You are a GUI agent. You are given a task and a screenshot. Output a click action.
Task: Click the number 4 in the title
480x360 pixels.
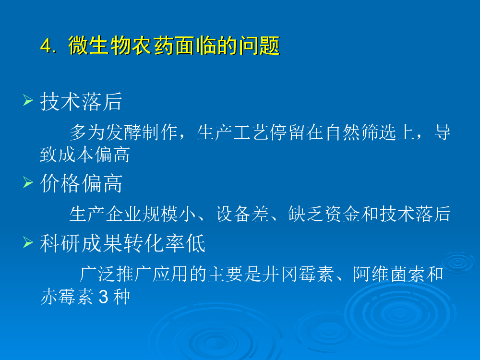46,46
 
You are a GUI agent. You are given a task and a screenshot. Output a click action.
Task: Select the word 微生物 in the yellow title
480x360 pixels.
100,46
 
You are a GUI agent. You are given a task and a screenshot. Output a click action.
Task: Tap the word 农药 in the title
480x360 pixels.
153,46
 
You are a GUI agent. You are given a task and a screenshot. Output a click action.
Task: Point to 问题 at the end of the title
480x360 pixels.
259,46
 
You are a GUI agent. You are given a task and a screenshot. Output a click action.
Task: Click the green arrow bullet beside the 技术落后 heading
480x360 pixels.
28,100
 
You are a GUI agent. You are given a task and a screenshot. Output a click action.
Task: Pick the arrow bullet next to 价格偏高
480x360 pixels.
28,182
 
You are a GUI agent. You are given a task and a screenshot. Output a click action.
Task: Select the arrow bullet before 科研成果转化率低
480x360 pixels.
28,242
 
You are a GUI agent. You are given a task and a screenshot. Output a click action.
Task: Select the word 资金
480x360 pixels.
342,214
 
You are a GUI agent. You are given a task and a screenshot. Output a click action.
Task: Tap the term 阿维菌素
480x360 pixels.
389,274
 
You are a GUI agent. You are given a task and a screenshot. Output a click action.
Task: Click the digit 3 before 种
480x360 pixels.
104,297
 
